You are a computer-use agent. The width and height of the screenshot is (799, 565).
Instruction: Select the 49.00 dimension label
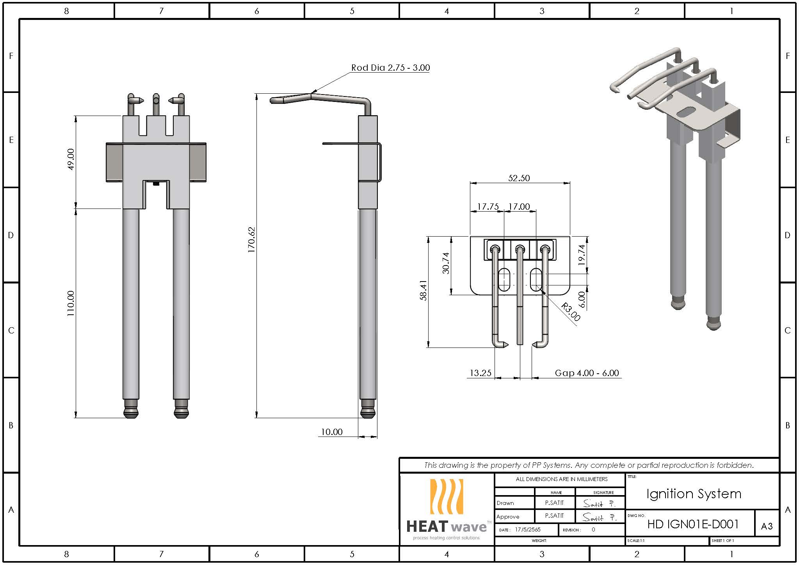coord(71,159)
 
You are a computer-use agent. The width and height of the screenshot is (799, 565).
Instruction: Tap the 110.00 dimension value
coord(71,303)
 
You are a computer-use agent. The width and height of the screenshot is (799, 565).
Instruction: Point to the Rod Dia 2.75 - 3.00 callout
coord(390,68)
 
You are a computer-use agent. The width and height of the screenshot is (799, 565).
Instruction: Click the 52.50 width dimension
coord(519,178)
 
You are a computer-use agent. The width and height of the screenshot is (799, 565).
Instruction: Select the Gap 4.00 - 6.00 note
coord(586,373)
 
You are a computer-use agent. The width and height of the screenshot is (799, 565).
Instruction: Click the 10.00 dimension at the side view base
coord(331,432)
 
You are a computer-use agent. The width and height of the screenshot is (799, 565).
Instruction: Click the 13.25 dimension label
coord(480,373)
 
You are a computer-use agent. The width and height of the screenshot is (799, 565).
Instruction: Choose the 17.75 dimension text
coord(488,207)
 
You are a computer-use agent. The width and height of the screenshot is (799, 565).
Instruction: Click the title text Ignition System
coord(693,494)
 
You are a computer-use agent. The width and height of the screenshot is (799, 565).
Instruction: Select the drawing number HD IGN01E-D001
coord(693,524)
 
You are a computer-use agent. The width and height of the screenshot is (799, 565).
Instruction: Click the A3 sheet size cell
coord(767,526)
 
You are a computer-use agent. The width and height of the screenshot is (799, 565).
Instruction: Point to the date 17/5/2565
coord(528,530)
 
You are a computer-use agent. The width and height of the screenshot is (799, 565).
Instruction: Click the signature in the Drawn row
coord(599,504)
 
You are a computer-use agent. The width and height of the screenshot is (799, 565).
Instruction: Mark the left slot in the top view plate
coord(504,280)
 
